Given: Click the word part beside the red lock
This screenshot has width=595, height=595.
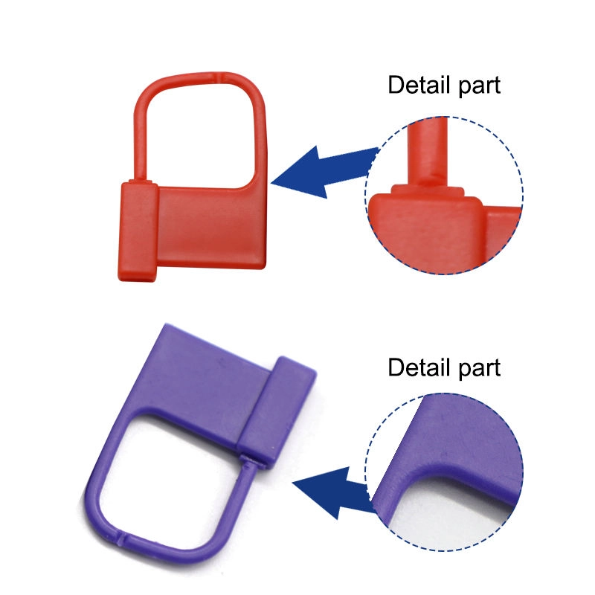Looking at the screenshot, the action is [x=480, y=86].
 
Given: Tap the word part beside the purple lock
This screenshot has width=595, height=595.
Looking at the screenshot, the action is [x=480, y=369].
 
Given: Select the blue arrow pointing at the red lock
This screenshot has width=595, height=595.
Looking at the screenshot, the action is [x=325, y=172].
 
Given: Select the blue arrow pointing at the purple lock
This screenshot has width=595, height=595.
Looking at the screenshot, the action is [x=334, y=492].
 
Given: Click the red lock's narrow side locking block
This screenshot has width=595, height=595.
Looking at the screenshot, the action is [x=138, y=231].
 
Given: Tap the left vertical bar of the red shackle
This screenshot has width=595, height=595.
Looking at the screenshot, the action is [x=140, y=144].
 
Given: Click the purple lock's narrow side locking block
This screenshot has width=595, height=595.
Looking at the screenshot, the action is [x=277, y=410].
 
